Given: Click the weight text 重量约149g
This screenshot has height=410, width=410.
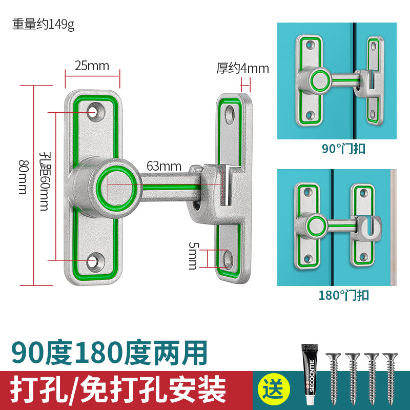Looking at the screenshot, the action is (x=44, y=25).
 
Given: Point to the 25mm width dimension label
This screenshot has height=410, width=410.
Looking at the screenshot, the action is (x=92, y=66).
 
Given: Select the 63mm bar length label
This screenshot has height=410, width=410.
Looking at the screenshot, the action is (x=164, y=166).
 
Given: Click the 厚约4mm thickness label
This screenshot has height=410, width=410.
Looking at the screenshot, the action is (x=242, y=68).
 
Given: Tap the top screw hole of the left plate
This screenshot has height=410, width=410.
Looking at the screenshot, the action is (x=93, y=111).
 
